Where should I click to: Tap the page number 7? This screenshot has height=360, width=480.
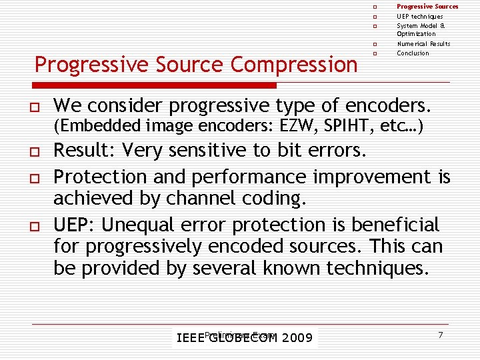(x=441, y=334)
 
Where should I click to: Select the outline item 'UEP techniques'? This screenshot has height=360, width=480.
(x=419, y=16)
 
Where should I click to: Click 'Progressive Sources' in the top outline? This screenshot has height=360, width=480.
(x=427, y=7)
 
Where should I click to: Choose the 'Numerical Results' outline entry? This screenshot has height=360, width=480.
(x=423, y=44)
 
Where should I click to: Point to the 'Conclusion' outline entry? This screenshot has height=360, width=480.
(x=413, y=53)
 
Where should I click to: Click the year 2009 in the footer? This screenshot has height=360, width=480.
(x=297, y=339)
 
